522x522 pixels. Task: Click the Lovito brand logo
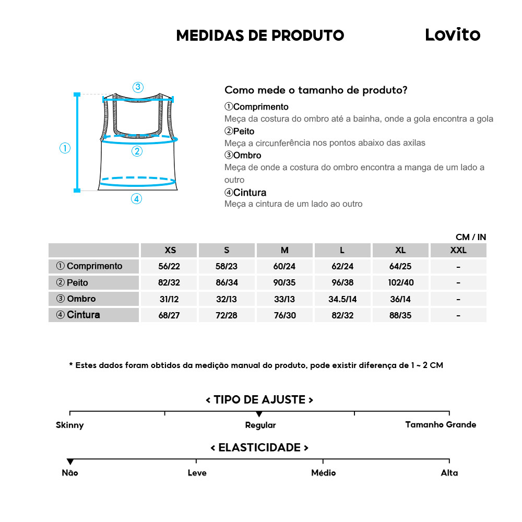tap(452, 34)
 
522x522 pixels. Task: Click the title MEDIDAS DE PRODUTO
tap(260, 35)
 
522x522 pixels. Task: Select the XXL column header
tap(458, 250)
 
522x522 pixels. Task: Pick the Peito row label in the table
tap(73, 282)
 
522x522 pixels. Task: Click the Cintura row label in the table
tap(78, 315)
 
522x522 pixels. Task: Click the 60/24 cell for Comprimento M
tap(284, 266)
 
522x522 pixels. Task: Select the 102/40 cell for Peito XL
tap(400, 282)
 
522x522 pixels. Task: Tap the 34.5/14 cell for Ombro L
tap(342, 299)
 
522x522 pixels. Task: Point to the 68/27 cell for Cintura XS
tap(169, 315)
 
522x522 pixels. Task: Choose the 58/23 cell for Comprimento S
tap(227, 266)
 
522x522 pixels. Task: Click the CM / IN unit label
tap(470, 237)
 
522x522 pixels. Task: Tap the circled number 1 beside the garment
tap(65, 148)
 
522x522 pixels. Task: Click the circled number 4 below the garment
tap(136, 198)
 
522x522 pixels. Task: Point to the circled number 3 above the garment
tap(138, 87)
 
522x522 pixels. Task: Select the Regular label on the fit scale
tap(260, 425)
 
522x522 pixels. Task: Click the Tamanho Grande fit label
tap(441, 424)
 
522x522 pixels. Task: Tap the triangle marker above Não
tap(70, 461)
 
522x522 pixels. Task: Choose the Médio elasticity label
tap(323, 473)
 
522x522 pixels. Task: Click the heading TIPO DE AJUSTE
tap(259, 400)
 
